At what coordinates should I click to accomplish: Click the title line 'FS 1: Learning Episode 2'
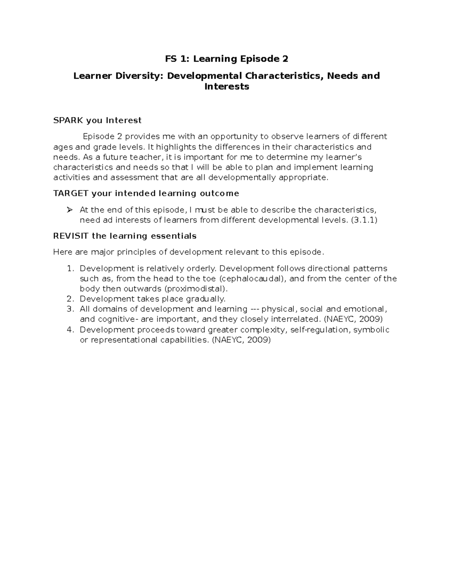tap(226, 59)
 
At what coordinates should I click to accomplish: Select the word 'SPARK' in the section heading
tap(68, 120)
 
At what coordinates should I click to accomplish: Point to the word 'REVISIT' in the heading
tap(71, 236)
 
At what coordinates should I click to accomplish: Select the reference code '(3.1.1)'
tap(364, 220)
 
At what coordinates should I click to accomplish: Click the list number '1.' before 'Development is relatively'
tap(71, 269)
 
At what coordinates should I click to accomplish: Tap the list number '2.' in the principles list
tap(71, 299)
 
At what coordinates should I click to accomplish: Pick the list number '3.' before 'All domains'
tap(71, 309)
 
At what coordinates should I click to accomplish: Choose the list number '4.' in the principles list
tap(71, 330)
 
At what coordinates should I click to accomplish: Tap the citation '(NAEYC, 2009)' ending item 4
tap(241, 340)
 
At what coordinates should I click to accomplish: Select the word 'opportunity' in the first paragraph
tap(234, 137)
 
